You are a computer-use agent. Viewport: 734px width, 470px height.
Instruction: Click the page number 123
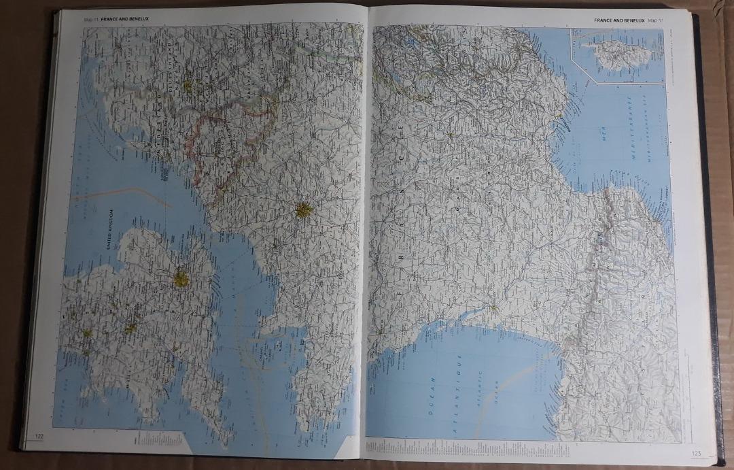pyautogui.click(x=696, y=454)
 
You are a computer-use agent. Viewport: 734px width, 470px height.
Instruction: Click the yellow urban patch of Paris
pyautogui.click(x=303, y=210)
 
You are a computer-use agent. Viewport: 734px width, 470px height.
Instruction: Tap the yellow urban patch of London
pyautogui.click(x=181, y=278)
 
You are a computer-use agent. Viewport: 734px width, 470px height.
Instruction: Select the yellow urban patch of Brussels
pyautogui.click(x=188, y=86)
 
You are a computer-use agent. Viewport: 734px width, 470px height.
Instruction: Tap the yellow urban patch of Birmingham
pyautogui.click(x=129, y=327)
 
